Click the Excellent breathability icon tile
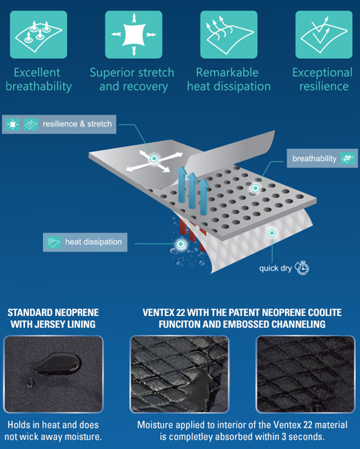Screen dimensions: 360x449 click(x=38, y=35)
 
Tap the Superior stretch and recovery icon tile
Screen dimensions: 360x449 click(x=134, y=35)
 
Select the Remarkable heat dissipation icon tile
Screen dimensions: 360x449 click(x=229, y=35)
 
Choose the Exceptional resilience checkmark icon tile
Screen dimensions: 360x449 click(x=324, y=35)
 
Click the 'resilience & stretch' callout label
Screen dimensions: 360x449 click(x=59, y=125)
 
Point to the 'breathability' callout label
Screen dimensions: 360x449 click(x=322, y=159)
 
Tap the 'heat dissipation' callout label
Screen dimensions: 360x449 click(x=85, y=242)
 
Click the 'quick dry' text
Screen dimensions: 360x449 click(x=275, y=269)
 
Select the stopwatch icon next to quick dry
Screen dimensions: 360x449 click(x=302, y=268)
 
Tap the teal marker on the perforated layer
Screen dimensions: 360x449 click(x=255, y=188)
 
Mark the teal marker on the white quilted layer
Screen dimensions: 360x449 click(x=272, y=233)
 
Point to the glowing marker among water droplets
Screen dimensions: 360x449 click(x=181, y=244)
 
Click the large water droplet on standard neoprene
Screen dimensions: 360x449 click(x=58, y=364)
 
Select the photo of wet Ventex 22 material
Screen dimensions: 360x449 click(x=179, y=374)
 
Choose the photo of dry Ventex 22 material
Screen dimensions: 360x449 click(x=305, y=374)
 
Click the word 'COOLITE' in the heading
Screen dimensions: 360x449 click(x=325, y=312)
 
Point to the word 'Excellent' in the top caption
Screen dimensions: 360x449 click(x=37, y=72)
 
